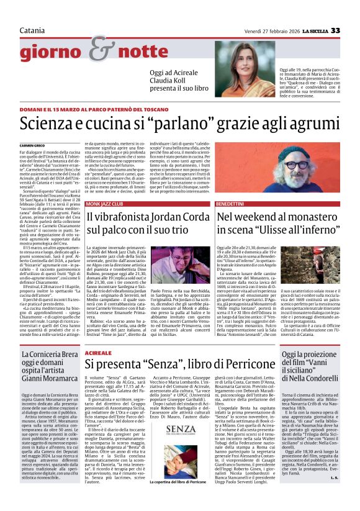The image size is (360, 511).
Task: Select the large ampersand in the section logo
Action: [97, 48]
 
